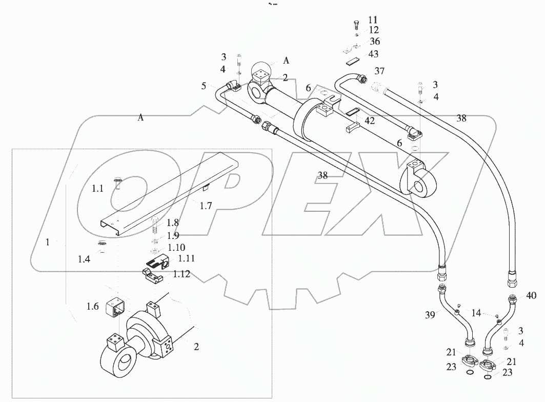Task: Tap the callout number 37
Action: coord(379,71)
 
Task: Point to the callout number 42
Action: coord(370,121)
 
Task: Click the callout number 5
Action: coord(204,86)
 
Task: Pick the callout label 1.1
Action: coord(97,189)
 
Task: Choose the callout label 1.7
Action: coord(206,206)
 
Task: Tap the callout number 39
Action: coord(430,314)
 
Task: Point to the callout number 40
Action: coord(531,295)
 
